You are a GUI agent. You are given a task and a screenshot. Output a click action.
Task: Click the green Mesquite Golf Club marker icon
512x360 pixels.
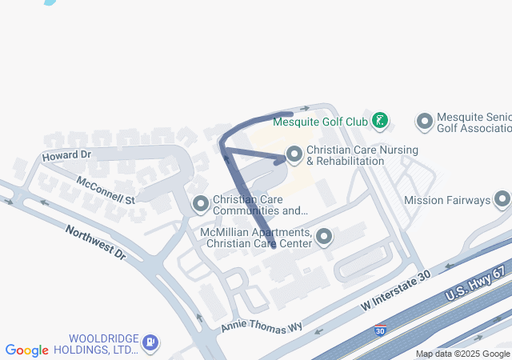[381, 122]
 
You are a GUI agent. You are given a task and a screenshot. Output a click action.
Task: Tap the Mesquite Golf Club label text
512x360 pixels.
[320, 122]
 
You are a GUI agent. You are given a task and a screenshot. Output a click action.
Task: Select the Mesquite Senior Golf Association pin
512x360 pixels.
[425, 122]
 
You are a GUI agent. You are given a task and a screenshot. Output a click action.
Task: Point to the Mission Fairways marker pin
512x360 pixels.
[502, 199]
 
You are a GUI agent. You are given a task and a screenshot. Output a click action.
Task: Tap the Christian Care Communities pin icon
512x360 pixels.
[200, 205]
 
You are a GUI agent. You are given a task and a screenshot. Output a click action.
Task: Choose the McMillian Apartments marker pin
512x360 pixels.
[324, 237]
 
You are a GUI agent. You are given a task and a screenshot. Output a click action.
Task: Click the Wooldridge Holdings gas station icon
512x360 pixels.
[150, 343]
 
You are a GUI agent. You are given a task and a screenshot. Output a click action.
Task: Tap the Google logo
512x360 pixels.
[27, 350]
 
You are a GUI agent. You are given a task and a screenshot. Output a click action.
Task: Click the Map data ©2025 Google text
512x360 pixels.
[462, 354]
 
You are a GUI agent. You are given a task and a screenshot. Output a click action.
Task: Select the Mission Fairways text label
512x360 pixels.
[446, 200]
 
